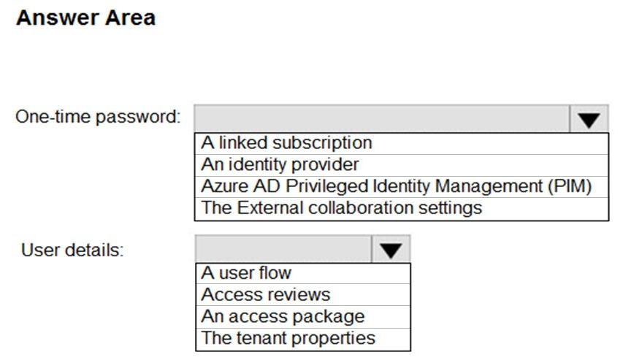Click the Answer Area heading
[x=85, y=18]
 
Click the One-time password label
[x=98, y=117]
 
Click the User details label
[x=72, y=250]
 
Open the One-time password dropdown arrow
[x=589, y=119]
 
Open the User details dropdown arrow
[x=391, y=249]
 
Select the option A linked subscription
[x=286, y=142]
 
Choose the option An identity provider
[x=280, y=164]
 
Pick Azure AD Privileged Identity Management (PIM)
[x=397, y=186]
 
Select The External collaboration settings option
[x=342, y=208]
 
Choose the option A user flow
[x=246, y=273]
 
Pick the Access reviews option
[x=265, y=295]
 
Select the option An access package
[x=283, y=316]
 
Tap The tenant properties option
[x=288, y=338]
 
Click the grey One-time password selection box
[x=382, y=119]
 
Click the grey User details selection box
[x=283, y=249]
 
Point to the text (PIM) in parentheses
[x=570, y=186]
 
